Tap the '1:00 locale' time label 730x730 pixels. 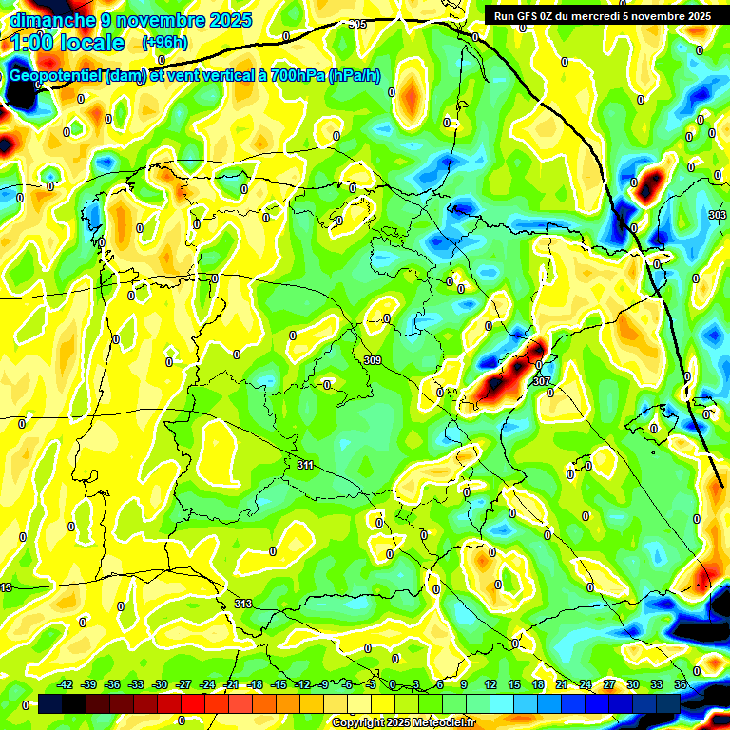tap(68, 44)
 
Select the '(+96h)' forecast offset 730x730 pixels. tap(164, 43)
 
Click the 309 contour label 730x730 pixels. tap(373, 360)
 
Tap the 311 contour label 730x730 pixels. tap(305, 465)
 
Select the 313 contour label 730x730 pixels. tap(242, 604)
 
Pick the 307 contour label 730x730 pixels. tap(542, 381)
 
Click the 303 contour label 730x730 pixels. tap(718, 216)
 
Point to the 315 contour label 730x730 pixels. tap(358, 24)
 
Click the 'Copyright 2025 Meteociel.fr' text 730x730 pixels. tap(403, 723)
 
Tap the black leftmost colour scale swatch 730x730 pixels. tap(50, 702)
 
